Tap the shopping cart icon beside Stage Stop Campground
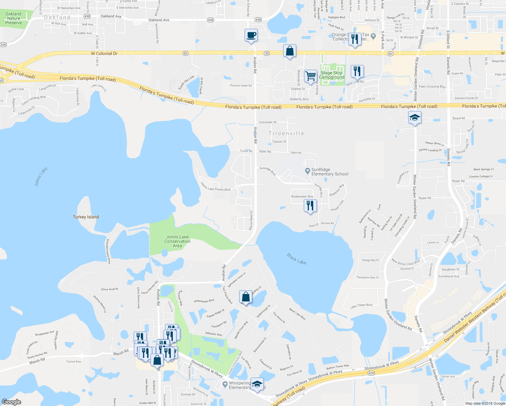[x=310, y=76]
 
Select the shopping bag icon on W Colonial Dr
[x=290, y=51]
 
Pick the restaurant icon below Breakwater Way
[x=310, y=205]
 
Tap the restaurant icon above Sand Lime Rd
[x=357, y=71]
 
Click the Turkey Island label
[x=86, y=217]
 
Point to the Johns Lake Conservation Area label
[x=177, y=241]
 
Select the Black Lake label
[x=296, y=259]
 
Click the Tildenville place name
[x=286, y=133]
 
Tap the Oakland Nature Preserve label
[x=14, y=18]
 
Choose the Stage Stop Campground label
[x=331, y=75]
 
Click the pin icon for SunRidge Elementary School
[x=307, y=171]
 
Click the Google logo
[x=11, y=402]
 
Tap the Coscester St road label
[x=268, y=122]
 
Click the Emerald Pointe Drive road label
[x=108, y=251]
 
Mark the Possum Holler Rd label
[x=241, y=86]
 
